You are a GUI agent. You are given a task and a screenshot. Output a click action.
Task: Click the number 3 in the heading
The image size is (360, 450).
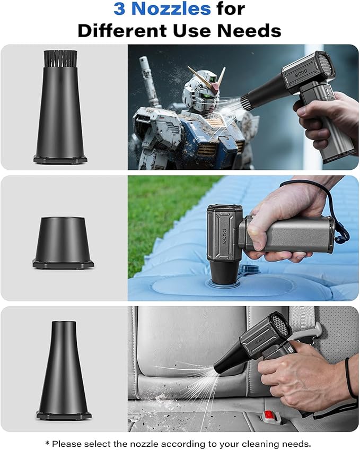click(119, 9)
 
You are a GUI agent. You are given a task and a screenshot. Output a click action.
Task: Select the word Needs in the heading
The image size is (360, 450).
click(253, 30)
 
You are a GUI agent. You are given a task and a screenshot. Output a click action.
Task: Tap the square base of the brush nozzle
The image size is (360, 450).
click(60, 159)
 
